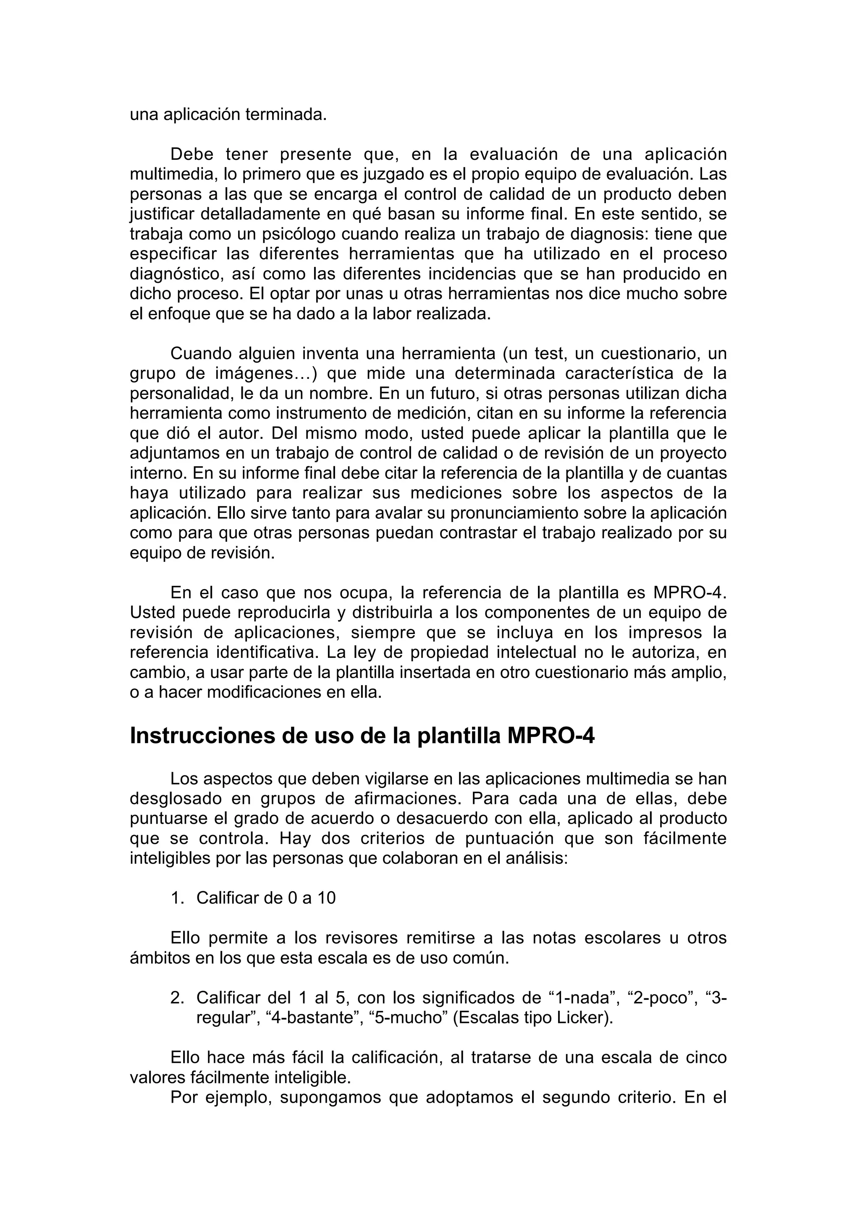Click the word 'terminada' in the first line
coord(285,115)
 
